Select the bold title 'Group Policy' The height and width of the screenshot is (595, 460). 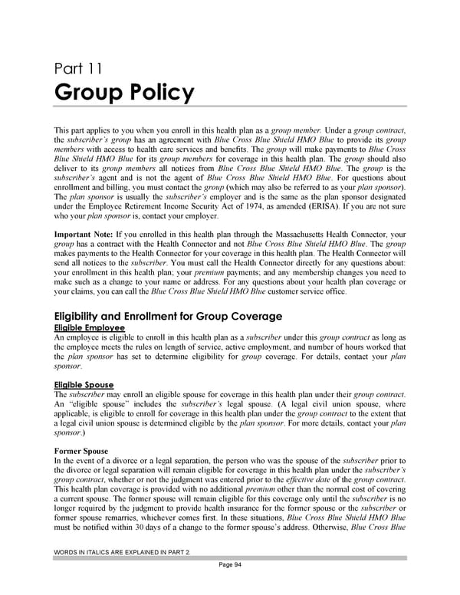[124, 93]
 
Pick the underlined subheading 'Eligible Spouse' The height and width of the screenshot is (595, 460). [84, 384]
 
